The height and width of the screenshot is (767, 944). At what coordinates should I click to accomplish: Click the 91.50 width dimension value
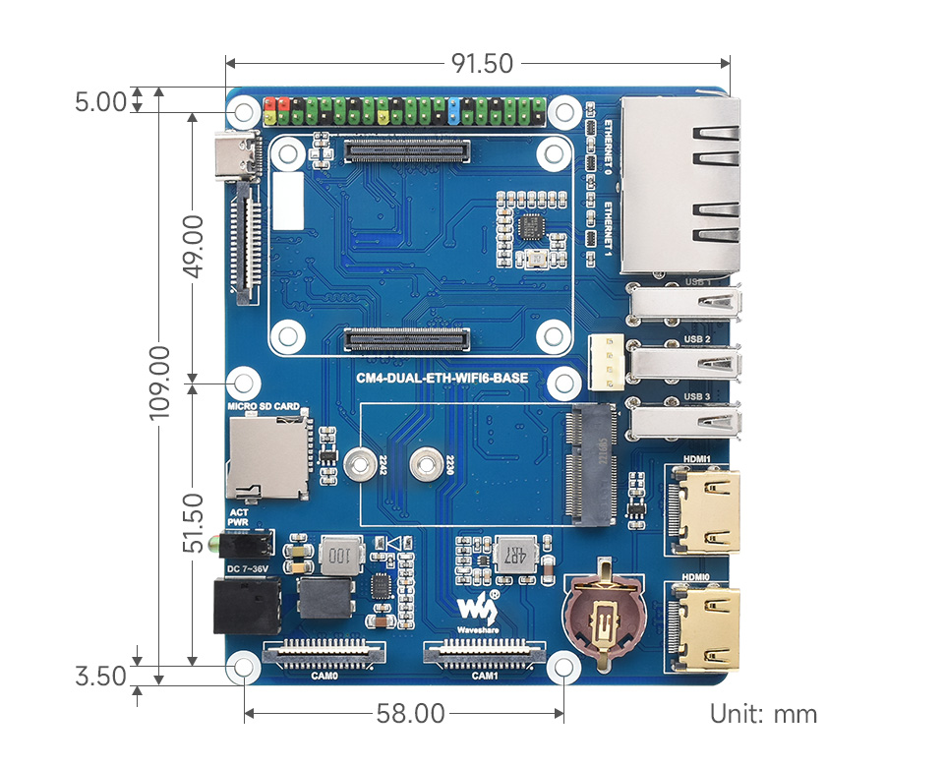482,64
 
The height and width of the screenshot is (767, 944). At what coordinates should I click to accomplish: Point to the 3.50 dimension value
101,677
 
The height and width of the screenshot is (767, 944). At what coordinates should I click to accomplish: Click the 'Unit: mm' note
763,714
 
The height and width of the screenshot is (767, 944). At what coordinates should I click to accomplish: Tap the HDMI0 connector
706,625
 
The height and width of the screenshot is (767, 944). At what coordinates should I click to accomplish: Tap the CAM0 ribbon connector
324,653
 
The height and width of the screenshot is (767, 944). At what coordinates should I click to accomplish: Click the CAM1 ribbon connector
484,653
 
